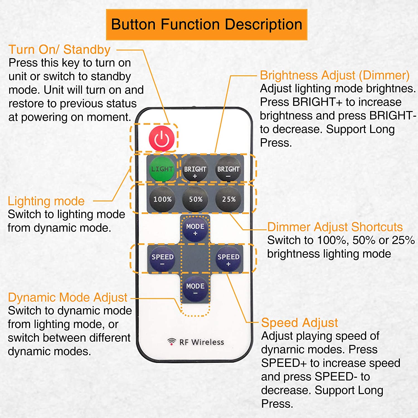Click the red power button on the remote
[162, 138]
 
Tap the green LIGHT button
[162, 169]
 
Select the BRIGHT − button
[228, 169]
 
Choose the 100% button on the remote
[162, 199]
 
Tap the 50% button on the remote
[195, 199]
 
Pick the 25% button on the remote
[229, 199]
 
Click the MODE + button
[195, 229]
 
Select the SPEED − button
[162, 259]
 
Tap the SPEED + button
[228, 259]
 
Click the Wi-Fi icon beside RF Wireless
[172, 341]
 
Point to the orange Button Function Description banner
[206, 25]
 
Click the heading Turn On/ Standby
[60, 50]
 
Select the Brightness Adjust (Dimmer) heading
[335, 76]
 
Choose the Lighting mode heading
[46, 201]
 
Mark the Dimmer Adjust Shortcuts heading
[335, 227]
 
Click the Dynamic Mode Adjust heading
[68, 298]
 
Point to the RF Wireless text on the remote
[202, 342]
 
